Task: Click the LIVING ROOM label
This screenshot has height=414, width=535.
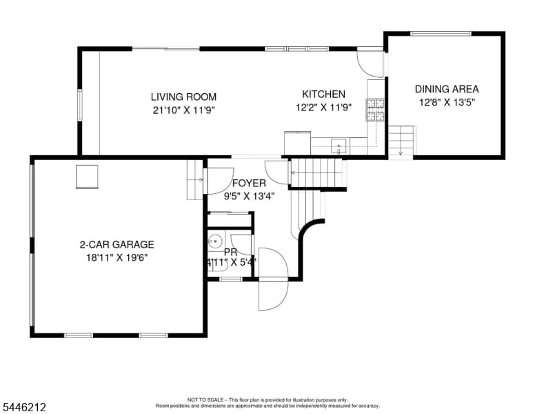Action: [183, 97]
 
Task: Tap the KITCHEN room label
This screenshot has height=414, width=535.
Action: [323, 95]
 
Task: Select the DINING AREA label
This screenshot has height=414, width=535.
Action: [447, 89]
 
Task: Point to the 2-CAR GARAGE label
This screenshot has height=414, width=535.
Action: [117, 244]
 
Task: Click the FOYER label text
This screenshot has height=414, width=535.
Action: [249, 184]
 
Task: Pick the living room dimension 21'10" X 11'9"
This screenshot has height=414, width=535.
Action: [183, 110]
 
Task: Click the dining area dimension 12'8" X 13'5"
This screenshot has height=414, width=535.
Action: [447, 103]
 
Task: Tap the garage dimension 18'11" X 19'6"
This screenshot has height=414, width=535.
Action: [117, 257]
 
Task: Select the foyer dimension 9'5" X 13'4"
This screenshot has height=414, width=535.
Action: [249, 197]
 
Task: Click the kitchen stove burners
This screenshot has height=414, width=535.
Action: [375, 110]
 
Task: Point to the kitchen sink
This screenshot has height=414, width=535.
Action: [339, 146]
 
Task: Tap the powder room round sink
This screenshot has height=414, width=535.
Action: [215, 241]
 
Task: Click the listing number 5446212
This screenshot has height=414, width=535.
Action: [24, 407]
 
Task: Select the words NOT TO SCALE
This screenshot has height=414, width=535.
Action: [205, 400]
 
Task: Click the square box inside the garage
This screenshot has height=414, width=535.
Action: [87, 177]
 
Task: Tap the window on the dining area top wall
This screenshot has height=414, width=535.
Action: [441, 34]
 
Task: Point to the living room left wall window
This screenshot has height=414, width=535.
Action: [80, 105]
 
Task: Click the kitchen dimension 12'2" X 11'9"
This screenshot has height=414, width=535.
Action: [323, 108]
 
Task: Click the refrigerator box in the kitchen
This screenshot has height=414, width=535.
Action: [298, 143]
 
